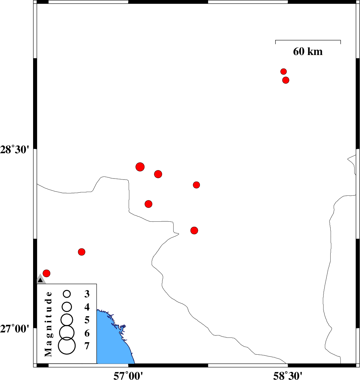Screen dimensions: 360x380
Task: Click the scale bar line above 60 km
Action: click(308, 40)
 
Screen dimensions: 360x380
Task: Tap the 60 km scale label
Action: click(308, 51)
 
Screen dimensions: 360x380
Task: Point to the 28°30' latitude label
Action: click(15, 150)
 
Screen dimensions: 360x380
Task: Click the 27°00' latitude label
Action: click(15, 329)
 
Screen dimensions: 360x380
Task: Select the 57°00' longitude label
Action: click(128, 375)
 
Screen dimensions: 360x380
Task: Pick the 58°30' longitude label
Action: click(288, 375)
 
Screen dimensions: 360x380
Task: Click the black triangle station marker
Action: click(41, 280)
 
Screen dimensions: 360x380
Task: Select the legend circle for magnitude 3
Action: click(67, 294)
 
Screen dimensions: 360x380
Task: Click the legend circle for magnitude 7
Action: click(67, 346)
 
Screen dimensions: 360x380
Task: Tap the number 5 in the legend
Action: click(87, 320)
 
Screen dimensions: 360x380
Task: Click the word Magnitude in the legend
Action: click(48, 324)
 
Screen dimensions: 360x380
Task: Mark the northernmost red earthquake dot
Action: click(284, 72)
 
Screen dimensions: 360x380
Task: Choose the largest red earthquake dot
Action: click(140, 167)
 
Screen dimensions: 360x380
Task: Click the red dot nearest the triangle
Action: click(46, 273)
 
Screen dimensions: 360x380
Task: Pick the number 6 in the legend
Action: click(87, 333)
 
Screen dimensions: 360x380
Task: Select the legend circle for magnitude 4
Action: click(67, 307)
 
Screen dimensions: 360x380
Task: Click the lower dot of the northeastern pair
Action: click(286, 80)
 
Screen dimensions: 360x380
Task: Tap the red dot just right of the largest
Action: click(158, 174)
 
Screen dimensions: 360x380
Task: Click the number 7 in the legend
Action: click(87, 346)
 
